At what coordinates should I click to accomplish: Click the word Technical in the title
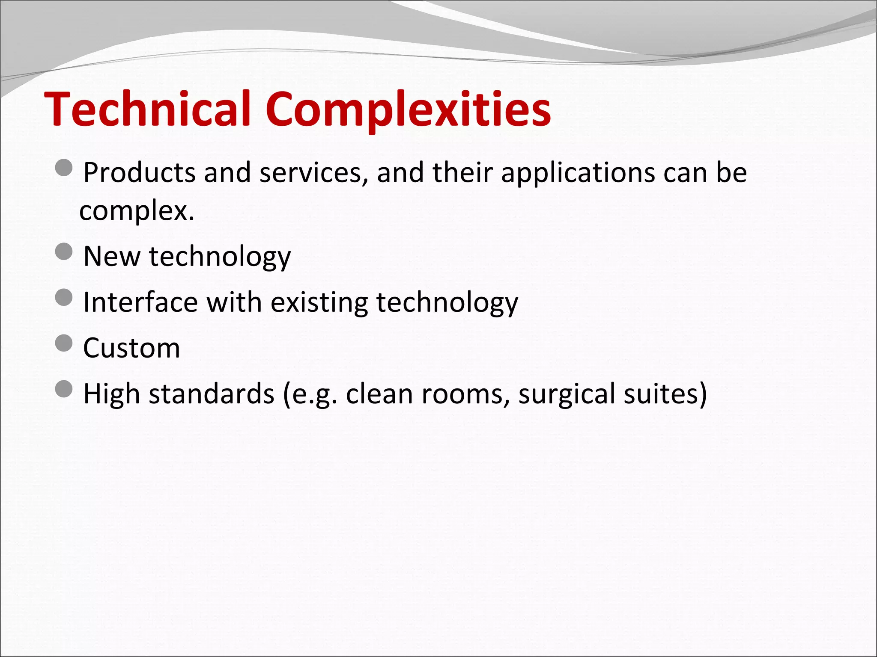(x=147, y=109)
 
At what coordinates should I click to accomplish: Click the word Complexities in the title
(x=408, y=109)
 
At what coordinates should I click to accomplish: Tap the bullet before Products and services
(x=64, y=168)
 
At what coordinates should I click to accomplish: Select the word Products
(x=140, y=172)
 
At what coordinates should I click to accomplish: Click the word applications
(x=578, y=173)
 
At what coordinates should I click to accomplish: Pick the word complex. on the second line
(x=137, y=211)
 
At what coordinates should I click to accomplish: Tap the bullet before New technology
(x=64, y=252)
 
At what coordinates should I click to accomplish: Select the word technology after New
(x=220, y=257)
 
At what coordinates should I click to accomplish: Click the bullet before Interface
(x=64, y=297)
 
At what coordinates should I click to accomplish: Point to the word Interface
(x=140, y=302)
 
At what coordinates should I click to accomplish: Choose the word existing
(x=319, y=303)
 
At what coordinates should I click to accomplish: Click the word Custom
(x=131, y=348)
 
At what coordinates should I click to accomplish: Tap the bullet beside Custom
(x=64, y=343)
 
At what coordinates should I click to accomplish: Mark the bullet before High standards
(x=64, y=389)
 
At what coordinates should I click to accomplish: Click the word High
(x=111, y=394)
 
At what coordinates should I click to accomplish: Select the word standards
(x=211, y=394)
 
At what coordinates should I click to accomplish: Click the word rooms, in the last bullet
(x=465, y=394)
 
